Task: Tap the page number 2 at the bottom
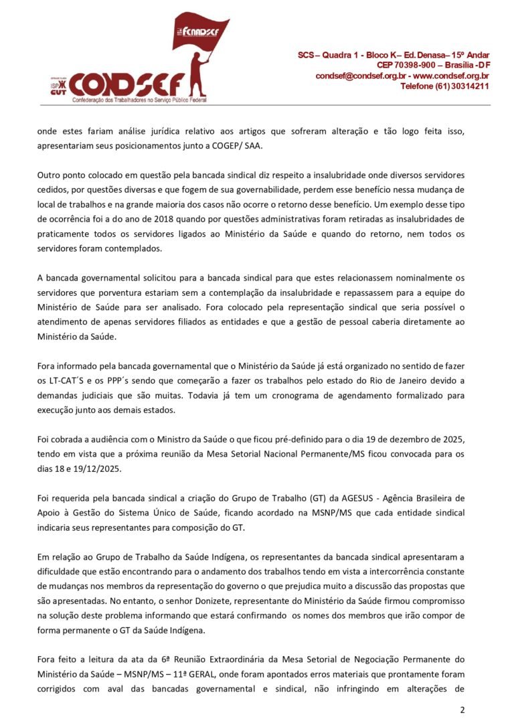pyautogui.click(x=462, y=710)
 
